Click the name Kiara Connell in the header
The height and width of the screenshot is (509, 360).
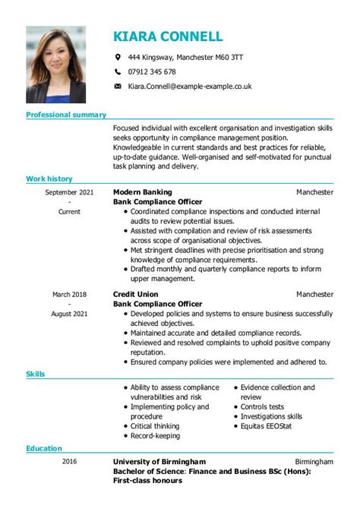tap(168, 36)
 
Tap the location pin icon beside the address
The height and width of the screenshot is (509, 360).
tap(117, 57)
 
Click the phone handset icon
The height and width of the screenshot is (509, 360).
tap(117, 72)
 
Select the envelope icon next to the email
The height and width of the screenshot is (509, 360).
tap(117, 87)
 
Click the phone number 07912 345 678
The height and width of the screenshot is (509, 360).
tap(152, 72)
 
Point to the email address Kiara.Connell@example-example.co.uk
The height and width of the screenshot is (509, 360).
tap(190, 87)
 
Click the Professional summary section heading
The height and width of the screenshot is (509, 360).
tap(66, 115)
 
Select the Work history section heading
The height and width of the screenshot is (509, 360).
tap(49, 179)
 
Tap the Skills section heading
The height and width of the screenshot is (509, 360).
tap(36, 375)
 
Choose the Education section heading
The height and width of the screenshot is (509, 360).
tap(44, 449)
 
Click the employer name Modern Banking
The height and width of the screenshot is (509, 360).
tap(142, 193)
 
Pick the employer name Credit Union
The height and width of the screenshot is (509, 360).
tap(137, 294)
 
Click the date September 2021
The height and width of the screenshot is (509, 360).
tap(69, 193)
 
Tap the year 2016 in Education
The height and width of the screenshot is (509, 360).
tap(69, 462)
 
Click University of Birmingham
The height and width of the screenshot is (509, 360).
tap(159, 462)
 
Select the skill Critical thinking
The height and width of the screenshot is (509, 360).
tap(156, 427)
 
